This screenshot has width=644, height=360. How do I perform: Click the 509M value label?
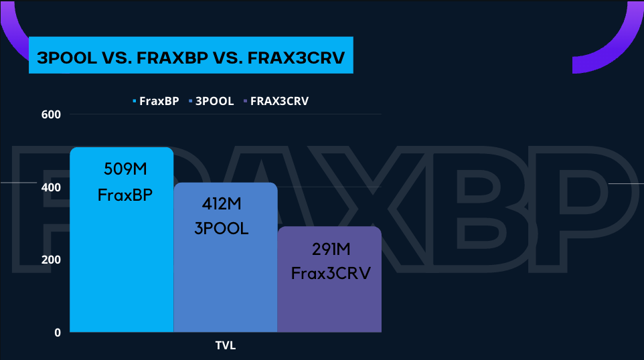125,169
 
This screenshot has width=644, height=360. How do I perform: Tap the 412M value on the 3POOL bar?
222,203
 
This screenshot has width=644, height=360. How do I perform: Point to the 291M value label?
331,249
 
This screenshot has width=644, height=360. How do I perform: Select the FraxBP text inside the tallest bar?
125,195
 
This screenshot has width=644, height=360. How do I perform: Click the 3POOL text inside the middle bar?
222,229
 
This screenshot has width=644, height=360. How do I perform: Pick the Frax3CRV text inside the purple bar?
331,274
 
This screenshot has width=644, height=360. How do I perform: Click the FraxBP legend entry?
156,101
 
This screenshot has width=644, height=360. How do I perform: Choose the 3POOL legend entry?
211,101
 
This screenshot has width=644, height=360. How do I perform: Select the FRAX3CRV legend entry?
276,101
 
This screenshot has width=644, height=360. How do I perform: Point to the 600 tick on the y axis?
51,114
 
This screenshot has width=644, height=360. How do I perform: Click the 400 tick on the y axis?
51,187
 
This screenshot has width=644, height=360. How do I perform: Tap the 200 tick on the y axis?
51,260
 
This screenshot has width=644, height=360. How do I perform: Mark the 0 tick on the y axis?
58,333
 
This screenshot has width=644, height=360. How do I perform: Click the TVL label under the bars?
226,345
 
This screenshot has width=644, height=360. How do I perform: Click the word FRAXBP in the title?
173,58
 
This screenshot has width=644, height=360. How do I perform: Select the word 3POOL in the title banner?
67,58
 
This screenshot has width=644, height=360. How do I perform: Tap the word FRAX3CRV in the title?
296,58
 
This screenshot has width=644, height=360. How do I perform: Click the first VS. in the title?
117,58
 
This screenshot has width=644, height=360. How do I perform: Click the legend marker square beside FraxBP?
135,101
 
